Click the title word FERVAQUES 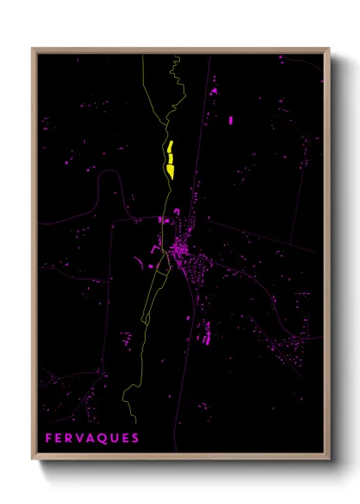coord(92,438)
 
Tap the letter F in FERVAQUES coord(49,438)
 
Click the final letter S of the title coord(135,438)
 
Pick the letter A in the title coord(92,438)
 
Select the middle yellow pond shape coord(171,158)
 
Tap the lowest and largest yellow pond coord(171,171)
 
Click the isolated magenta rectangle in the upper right coord(231,121)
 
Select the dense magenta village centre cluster coord(180,249)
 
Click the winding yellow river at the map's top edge coord(177,73)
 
